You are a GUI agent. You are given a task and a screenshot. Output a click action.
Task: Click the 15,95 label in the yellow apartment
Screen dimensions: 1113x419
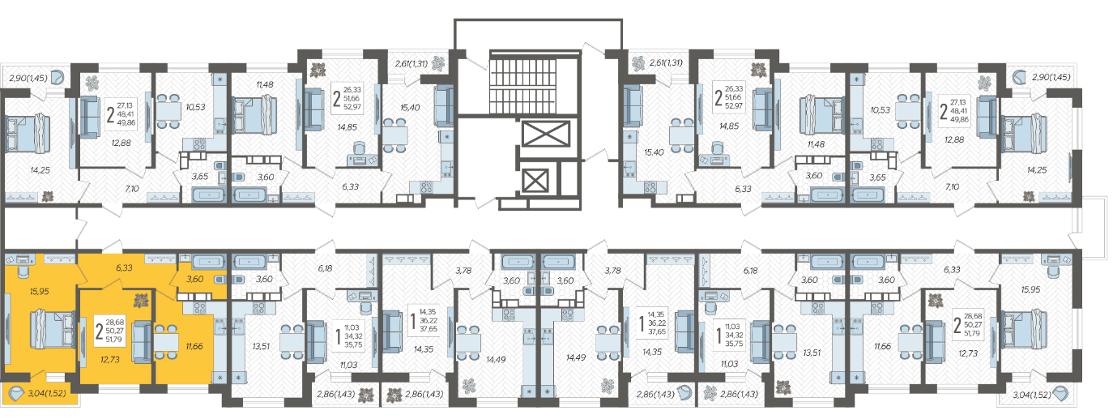coord(39,291)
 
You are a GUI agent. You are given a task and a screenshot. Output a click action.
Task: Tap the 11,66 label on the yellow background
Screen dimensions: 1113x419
coord(194,346)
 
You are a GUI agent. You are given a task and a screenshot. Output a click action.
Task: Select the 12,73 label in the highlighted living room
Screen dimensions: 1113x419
coord(110,359)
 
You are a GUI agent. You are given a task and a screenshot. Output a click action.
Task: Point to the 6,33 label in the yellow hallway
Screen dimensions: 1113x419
coord(124,267)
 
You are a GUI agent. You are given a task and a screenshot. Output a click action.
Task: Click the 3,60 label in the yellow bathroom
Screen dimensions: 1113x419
coord(194,279)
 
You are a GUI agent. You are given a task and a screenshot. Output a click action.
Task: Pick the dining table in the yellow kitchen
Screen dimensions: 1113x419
coord(166,342)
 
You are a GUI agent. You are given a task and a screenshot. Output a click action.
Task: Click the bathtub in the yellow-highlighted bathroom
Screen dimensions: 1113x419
coord(208,262)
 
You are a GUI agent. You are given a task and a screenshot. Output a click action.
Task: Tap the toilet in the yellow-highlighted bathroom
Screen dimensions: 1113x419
coord(220,280)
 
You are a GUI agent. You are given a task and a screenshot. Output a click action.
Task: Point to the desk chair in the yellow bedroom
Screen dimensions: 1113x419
coord(23,271)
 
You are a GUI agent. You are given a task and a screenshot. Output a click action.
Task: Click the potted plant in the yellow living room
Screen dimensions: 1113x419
coord(141,301)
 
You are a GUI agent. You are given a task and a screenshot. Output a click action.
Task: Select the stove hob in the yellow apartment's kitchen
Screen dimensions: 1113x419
coord(200,308)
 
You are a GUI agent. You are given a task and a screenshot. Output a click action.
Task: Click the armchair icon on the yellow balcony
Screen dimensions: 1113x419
coord(16,394)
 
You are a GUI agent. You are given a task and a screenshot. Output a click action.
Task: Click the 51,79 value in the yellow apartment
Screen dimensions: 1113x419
coord(114,340)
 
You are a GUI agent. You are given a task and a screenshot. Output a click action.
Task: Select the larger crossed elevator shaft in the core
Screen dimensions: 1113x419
coord(546,134)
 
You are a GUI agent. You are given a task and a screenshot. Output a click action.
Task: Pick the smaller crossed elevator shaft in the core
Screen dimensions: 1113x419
coord(535,180)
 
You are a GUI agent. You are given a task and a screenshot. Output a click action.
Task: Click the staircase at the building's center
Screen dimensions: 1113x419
coord(535,83)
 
